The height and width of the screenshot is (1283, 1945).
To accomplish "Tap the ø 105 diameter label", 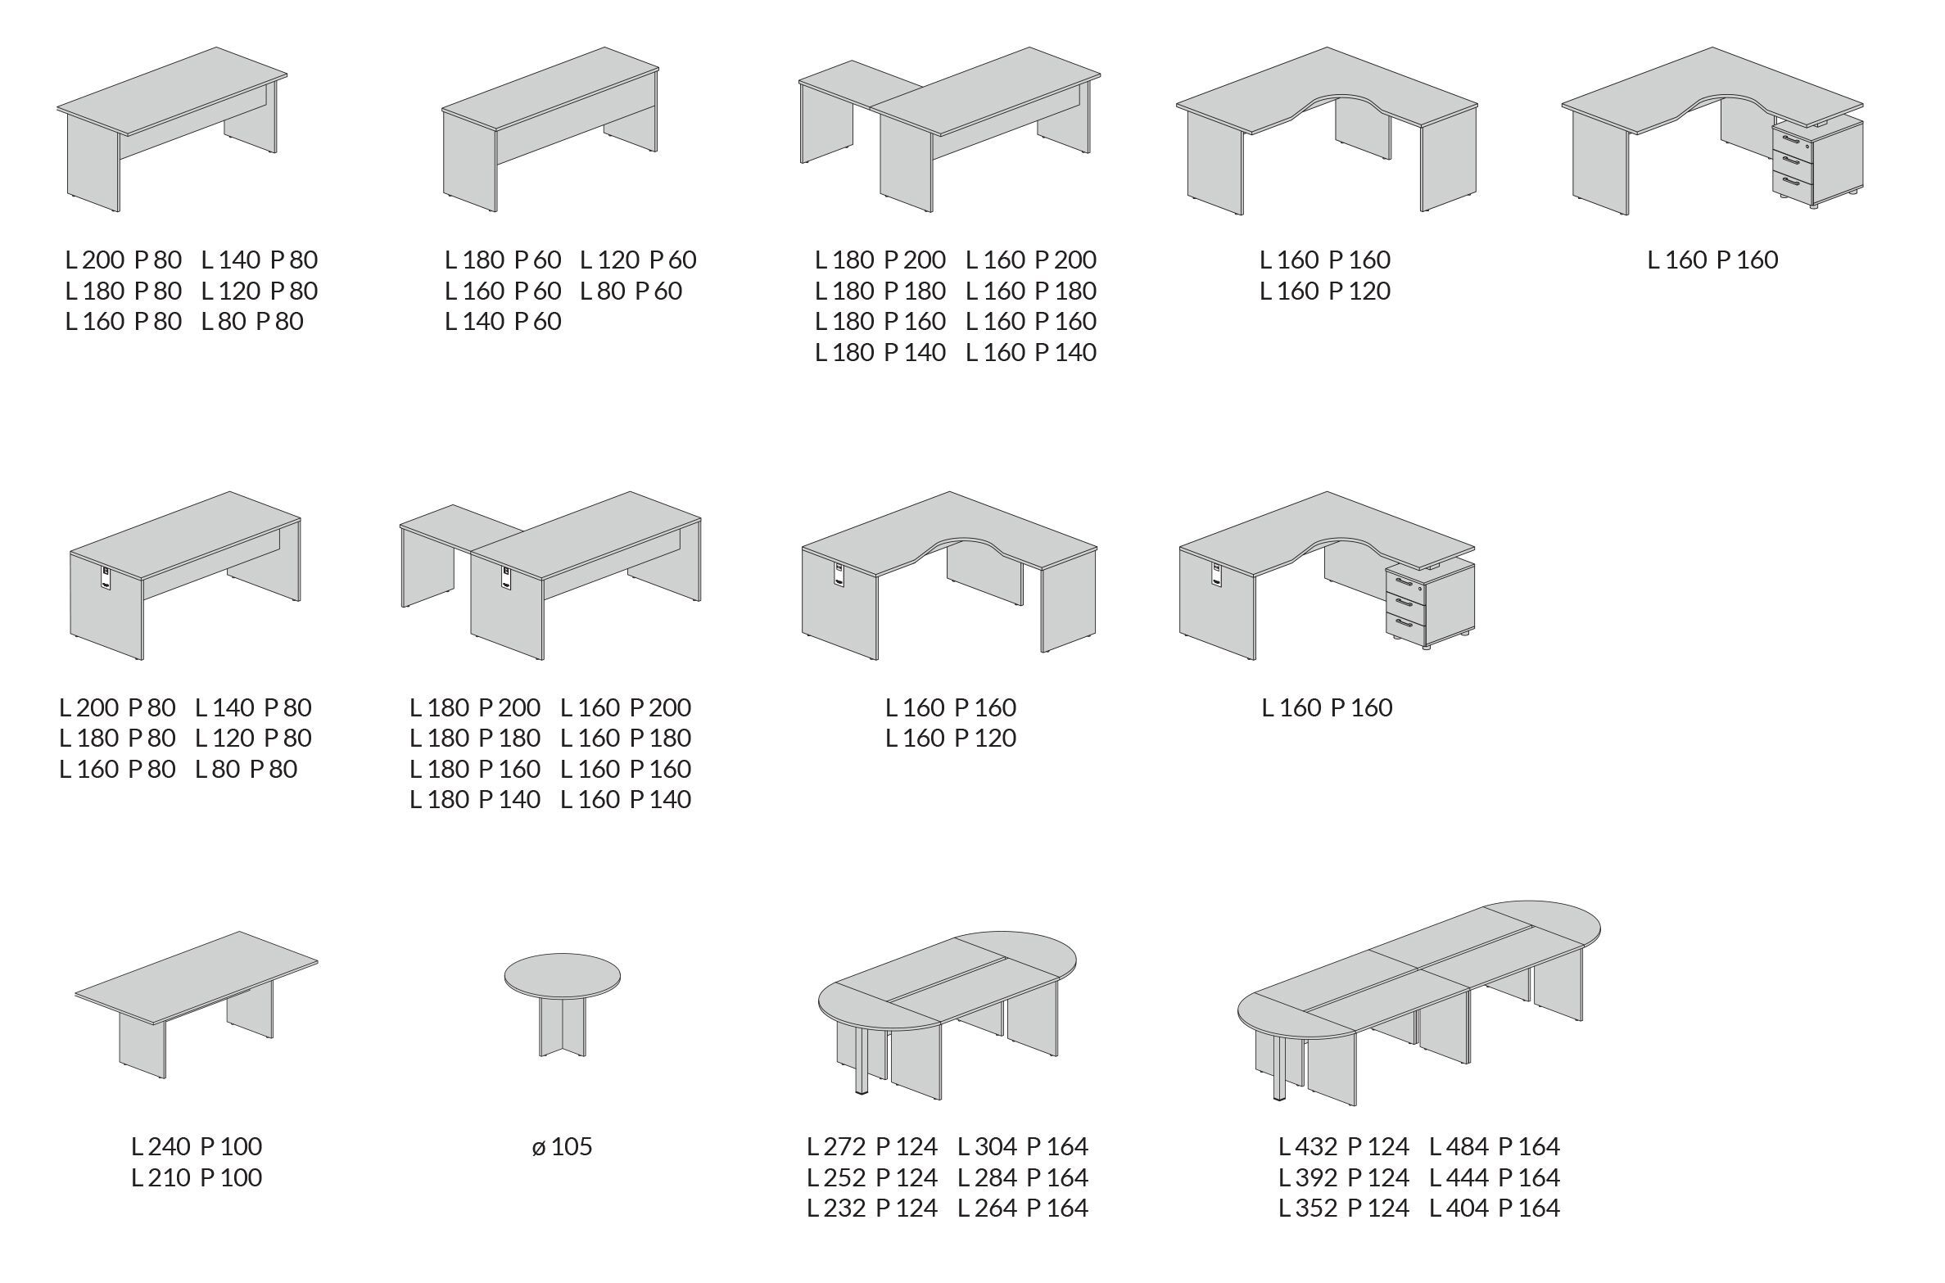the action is click(562, 1146).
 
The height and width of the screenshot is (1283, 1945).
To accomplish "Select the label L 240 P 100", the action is click(197, 1146).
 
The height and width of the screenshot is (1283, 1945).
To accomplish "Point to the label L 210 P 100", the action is click(197, 1177).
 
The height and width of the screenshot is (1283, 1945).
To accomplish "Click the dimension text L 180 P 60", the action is click(503, 260).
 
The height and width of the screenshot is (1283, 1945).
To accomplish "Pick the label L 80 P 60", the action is click(631, 291).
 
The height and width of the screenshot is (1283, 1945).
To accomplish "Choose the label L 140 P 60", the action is click(503, 321).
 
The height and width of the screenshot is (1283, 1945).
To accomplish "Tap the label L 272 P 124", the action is click(872, 1146).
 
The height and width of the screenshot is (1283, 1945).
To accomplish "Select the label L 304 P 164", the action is click(1023, 1146).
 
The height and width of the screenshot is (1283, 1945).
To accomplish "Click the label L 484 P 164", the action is click(1495, 1146).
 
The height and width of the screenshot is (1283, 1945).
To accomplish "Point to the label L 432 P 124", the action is click(1344, 1146).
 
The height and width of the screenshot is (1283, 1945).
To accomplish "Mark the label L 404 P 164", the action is click(1495, 1208).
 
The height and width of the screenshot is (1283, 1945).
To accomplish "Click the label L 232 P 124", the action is click(872, 1208).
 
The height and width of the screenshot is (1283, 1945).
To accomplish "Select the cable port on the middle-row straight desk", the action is click(106, 576).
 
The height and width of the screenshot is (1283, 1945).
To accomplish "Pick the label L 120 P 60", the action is click(638, 260).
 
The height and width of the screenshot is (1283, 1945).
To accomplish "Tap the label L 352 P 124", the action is click(1344, 1208).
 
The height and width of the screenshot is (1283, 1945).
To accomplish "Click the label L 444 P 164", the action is click(1495, 1177).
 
